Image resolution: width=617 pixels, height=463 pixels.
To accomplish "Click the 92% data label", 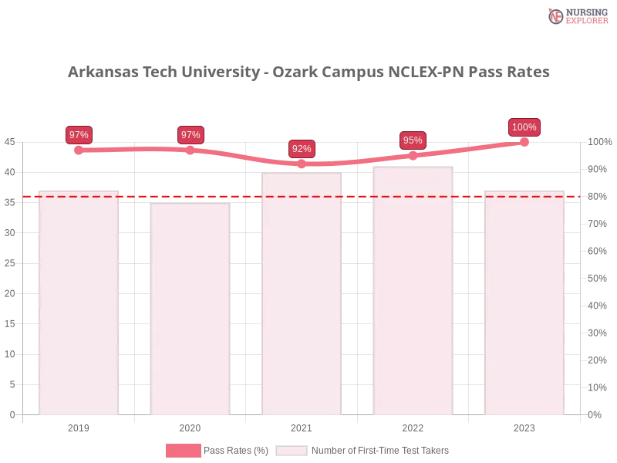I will click(302, 149).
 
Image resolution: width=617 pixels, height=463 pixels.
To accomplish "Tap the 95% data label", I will click(413, 140).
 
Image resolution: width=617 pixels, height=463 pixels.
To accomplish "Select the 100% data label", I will click(524, 127).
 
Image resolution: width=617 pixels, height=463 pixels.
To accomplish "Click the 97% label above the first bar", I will click(79, 135).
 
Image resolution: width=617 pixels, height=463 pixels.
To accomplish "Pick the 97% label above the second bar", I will click(190, 135).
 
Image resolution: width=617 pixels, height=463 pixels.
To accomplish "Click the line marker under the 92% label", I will click(302, 164).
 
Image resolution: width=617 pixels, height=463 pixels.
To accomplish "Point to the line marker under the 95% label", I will click(413, 155).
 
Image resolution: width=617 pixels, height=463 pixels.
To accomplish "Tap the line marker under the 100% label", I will click(524, 141).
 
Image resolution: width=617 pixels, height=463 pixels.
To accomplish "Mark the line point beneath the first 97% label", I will click(79, 150).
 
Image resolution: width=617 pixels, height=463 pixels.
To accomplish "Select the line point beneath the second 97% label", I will click(190, 150).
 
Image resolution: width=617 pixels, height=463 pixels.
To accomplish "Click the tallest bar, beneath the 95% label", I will click(413, 293).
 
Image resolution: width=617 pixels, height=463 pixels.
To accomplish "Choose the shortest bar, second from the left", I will click(190, 309).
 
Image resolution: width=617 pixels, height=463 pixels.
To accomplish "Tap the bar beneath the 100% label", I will click(524, 301).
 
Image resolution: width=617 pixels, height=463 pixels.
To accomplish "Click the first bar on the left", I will click(79, 301).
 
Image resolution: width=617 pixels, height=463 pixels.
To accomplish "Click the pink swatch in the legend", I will click(183, 451).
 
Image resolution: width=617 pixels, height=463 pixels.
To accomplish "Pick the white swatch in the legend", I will click(292, 451).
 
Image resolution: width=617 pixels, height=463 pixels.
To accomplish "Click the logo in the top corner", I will click(577, 15).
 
